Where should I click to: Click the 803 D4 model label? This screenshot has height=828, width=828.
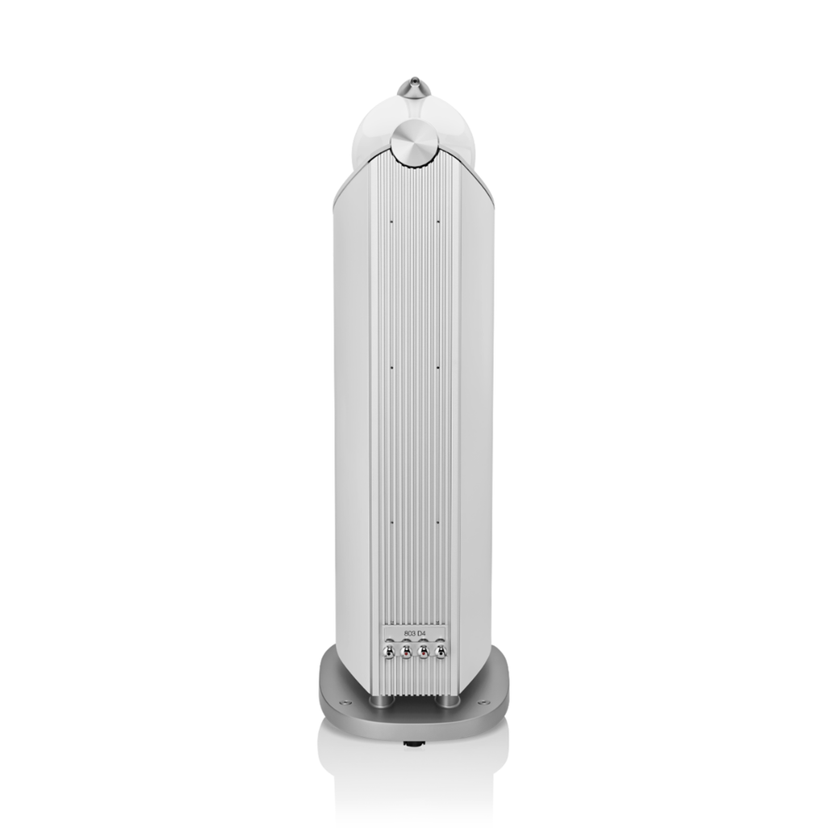point(414,634)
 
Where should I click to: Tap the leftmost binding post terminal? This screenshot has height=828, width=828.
point(389,653)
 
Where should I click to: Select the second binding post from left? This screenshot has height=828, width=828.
point(406,653)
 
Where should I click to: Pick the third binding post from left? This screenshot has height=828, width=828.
point(422,653)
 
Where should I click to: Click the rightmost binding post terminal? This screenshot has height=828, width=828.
point(439,653)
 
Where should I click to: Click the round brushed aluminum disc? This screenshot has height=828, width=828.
point(413,144)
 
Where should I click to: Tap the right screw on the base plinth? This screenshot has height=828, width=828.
point(483,703)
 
